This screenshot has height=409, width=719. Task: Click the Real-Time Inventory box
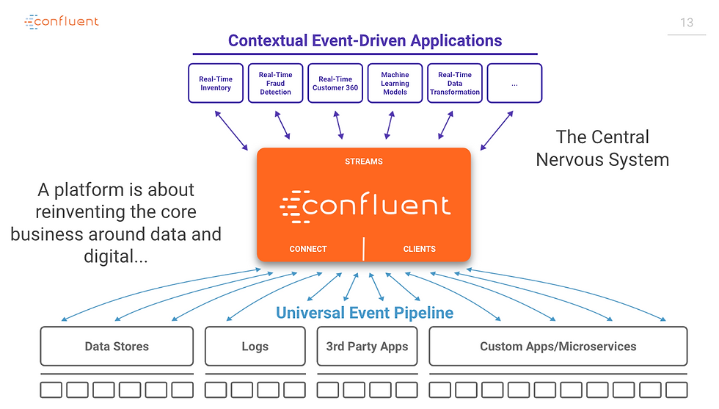coord(216,83)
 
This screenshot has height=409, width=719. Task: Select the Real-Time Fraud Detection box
coord(276,83)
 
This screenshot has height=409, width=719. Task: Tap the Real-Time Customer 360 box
coord(335,83)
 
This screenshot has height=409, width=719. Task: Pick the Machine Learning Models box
coord(395,83)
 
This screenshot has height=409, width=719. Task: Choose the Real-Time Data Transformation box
coord(455,83)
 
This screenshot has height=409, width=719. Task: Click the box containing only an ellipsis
coord(514,83)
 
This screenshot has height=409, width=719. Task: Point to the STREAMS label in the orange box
coord(364,162)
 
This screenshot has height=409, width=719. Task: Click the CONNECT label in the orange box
coord(308,249)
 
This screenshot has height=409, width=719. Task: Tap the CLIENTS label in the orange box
coord(420,249)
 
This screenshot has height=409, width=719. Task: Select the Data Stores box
coord(117,346)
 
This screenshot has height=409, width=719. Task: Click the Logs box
coord(255,346)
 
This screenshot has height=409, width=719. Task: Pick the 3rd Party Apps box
coord(368,346)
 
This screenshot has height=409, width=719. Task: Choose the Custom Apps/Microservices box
coord(558,346)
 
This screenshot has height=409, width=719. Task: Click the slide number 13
coord(687,23)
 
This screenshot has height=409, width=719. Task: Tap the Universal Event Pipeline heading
coord(365,313)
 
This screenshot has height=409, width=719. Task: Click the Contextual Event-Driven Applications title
coord(365,41)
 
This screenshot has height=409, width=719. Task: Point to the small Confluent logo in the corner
coord(62,21)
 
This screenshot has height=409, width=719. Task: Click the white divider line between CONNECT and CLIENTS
coord(364,249)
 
